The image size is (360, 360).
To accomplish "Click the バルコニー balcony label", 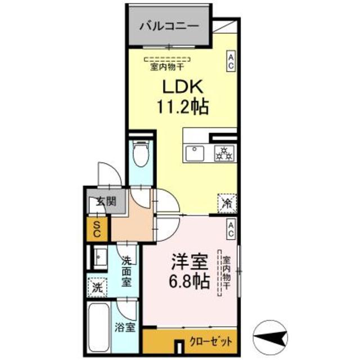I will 168,25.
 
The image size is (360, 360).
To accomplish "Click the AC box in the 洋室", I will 231,228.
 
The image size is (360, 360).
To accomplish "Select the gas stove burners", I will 224,153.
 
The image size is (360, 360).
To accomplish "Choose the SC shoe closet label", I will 97,229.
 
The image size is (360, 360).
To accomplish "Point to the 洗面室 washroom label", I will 128,271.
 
